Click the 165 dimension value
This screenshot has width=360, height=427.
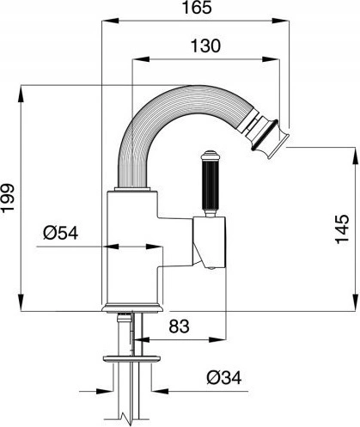coord(197,8)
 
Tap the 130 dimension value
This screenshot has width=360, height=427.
coord(205,46)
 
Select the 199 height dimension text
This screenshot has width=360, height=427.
coord(8,198)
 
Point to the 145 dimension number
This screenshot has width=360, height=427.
coord(342,229)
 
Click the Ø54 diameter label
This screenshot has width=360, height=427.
coord(61,233)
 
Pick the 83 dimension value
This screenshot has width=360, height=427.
coord(179,326)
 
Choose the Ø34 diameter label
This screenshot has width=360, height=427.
coord(224,378)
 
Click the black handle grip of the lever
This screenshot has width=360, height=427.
coord(211,185)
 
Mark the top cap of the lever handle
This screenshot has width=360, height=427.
coord(211,156)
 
